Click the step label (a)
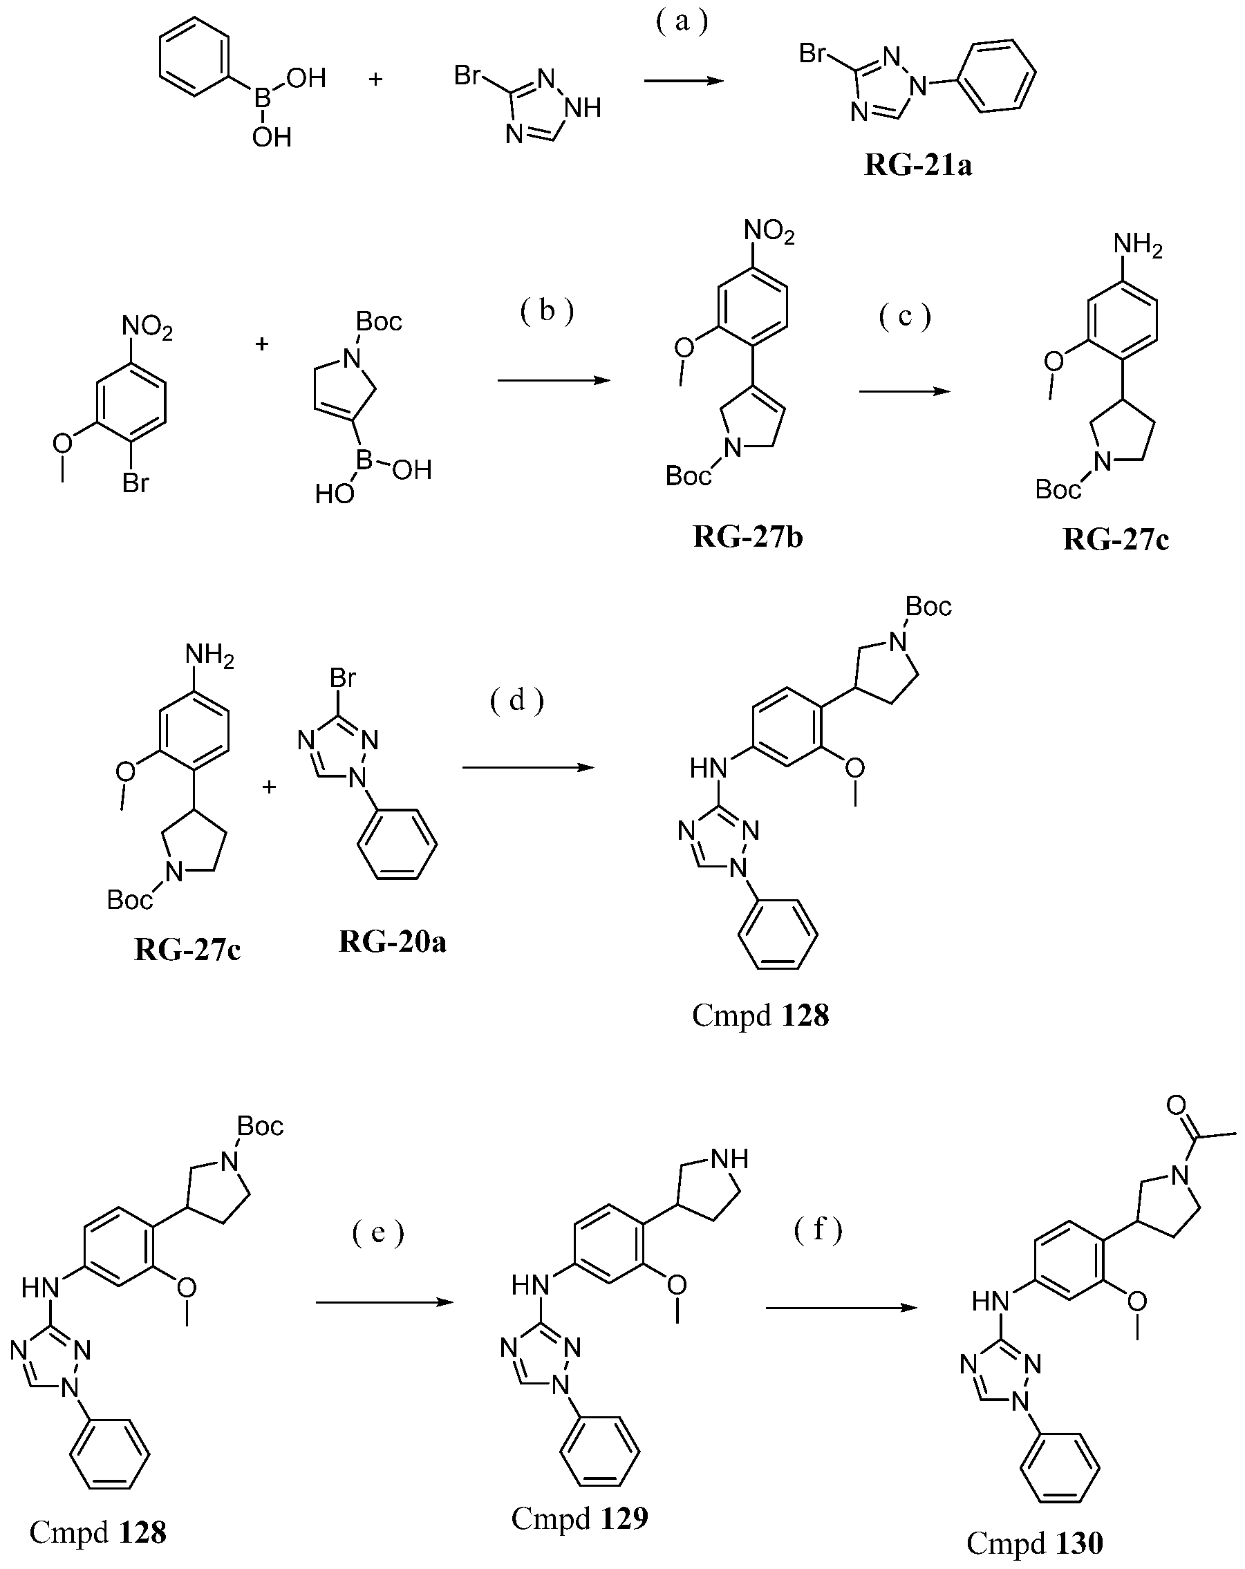682,22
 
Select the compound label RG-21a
917,165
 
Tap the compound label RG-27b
748,536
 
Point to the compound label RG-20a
392,941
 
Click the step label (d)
516,700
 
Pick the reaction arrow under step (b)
554,380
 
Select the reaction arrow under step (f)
841,1308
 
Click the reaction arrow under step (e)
384,1302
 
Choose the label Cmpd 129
579,1518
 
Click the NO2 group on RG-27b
769,232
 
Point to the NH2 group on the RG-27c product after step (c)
1138,245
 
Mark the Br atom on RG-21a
812,53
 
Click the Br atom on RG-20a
343,678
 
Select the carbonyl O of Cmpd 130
1176,1105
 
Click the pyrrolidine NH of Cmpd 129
730,1158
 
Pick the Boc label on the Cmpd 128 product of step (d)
928,606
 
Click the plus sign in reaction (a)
375,79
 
